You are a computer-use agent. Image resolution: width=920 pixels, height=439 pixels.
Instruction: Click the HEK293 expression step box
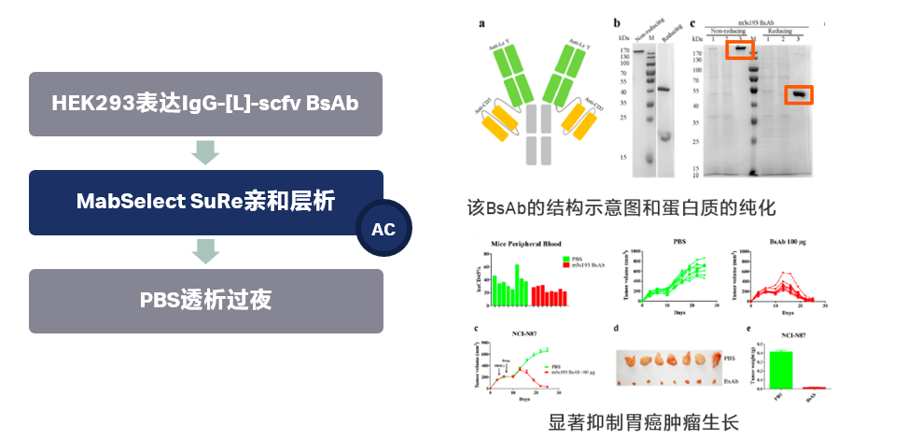click(x=205, y=104)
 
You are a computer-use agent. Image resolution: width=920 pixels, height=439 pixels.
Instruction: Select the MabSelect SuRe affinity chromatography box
click(x=205, y=202)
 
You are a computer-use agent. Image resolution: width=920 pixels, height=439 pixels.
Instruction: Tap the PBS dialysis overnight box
click(x=205, y=301)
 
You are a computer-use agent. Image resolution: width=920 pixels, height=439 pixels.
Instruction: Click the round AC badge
click(x=383, y=229)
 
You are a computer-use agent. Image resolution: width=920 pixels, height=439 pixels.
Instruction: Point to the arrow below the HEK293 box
click(x=205, y=152)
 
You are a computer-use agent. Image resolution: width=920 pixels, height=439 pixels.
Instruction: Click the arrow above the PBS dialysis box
click(x=205, y=250)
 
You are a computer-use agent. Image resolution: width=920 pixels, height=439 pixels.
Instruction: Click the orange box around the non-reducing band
click(x=740, y=50)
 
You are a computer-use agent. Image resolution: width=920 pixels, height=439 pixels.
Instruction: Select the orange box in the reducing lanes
click(x=798, y=94)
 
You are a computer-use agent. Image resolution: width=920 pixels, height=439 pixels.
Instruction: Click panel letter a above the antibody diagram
click(x=481, y=23)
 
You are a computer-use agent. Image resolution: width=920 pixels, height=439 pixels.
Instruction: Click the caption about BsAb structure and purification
click(x=622, y=206)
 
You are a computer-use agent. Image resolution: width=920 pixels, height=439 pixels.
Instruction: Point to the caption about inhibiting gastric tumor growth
click(x=644, y=422)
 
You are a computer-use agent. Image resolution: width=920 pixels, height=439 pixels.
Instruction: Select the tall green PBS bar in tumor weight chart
click(x=780, y=369)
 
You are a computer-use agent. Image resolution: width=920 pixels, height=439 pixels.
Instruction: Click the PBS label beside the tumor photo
click(x=729, y=358)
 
